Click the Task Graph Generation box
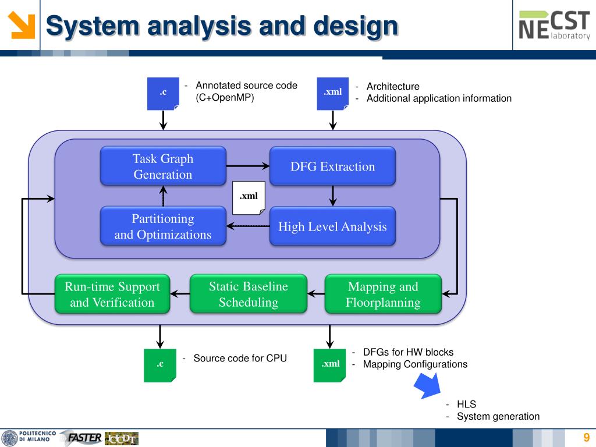(163, 166)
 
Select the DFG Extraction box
(332, 166)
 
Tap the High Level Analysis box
(332, 226)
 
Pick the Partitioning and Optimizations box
(163, 226)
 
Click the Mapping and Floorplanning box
(383, 294)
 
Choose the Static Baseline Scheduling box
(248, 294)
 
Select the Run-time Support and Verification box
(112, 294)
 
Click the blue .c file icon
(163, 94)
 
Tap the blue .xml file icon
(332, 94)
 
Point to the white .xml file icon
(249, 198)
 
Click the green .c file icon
(160, 366)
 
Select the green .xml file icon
(329, 366)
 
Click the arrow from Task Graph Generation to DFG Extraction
(248, 166)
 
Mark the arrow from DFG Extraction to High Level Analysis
(332, 196)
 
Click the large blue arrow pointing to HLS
(428, 385)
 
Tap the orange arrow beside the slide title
(22, 25)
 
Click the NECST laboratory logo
(554, 25)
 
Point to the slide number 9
(587, 437)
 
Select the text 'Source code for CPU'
(240, 359)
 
